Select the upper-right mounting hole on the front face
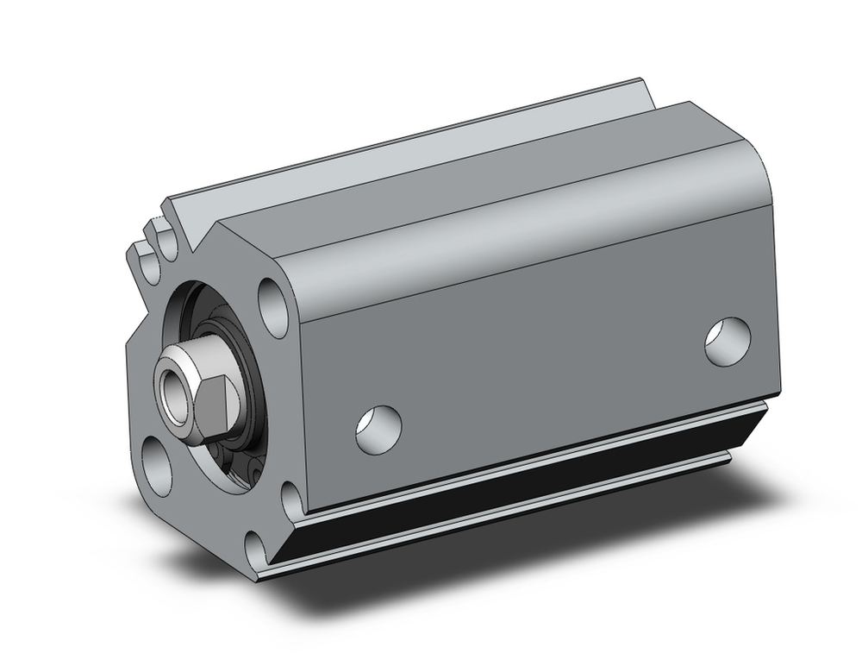pos(274,306)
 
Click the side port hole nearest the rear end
pos(727,339)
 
